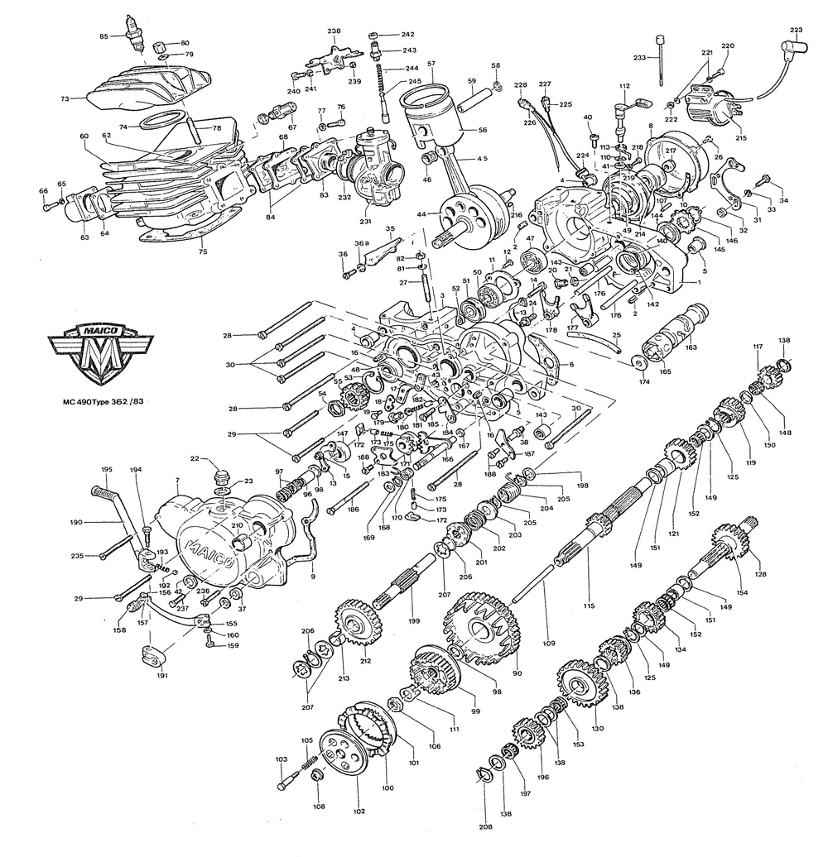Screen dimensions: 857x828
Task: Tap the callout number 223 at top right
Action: coord(796,31)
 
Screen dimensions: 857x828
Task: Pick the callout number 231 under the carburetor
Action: coord(366,222)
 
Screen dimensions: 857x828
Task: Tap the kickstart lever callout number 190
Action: coord(76,523)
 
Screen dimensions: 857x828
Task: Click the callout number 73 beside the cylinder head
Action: coord(65,98)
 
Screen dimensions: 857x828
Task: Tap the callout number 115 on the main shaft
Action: coord(589,606)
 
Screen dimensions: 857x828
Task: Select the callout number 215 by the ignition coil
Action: coord(740,137)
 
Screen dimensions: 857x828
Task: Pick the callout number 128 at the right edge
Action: coord(760,574)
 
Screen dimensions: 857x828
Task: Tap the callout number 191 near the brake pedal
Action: coord(162,676)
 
